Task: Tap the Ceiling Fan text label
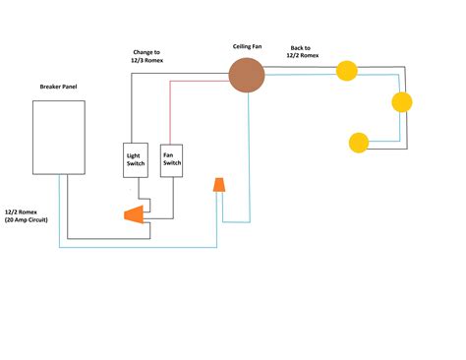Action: (248, 45)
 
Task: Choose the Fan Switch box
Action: (172, 159)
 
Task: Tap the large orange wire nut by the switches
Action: (131, 213)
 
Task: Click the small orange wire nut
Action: (220, 185)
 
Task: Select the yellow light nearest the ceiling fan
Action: (346, 70)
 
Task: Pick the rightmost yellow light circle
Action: (402, 102)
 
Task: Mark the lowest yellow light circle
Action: (360, 142)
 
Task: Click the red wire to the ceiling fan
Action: (197, 84)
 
